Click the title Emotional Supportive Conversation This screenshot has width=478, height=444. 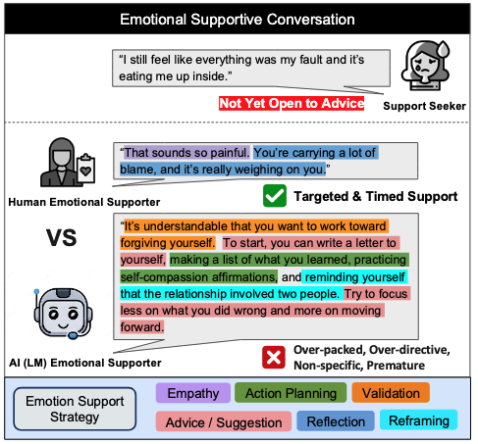pos(238,20)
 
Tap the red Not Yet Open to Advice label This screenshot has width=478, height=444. pos(292,103)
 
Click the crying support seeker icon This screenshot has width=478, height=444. pos(426,66)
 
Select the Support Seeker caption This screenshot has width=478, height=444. pos(424,106)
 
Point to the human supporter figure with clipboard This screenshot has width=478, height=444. pos(68,162)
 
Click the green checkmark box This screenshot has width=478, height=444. pos(275,196)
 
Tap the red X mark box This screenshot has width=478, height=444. pos(274,357)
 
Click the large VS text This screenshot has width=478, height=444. pos(62,238)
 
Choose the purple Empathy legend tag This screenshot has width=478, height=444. pos(193,393)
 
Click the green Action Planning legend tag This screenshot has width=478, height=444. pos(291,393)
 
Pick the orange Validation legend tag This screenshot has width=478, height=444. pos(391,393)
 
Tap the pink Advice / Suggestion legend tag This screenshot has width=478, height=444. pos(224,421)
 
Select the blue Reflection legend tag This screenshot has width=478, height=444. pos(336,421)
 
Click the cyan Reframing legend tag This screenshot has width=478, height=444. pos(419,420)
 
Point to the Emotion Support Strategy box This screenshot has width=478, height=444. pos(75,409)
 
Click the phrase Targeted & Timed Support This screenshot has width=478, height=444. pos(376,196)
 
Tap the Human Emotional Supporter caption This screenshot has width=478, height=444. pos(84,202)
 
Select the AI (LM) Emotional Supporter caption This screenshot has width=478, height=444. pos(85,363)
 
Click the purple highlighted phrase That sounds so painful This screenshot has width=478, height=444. pos(186,153)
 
